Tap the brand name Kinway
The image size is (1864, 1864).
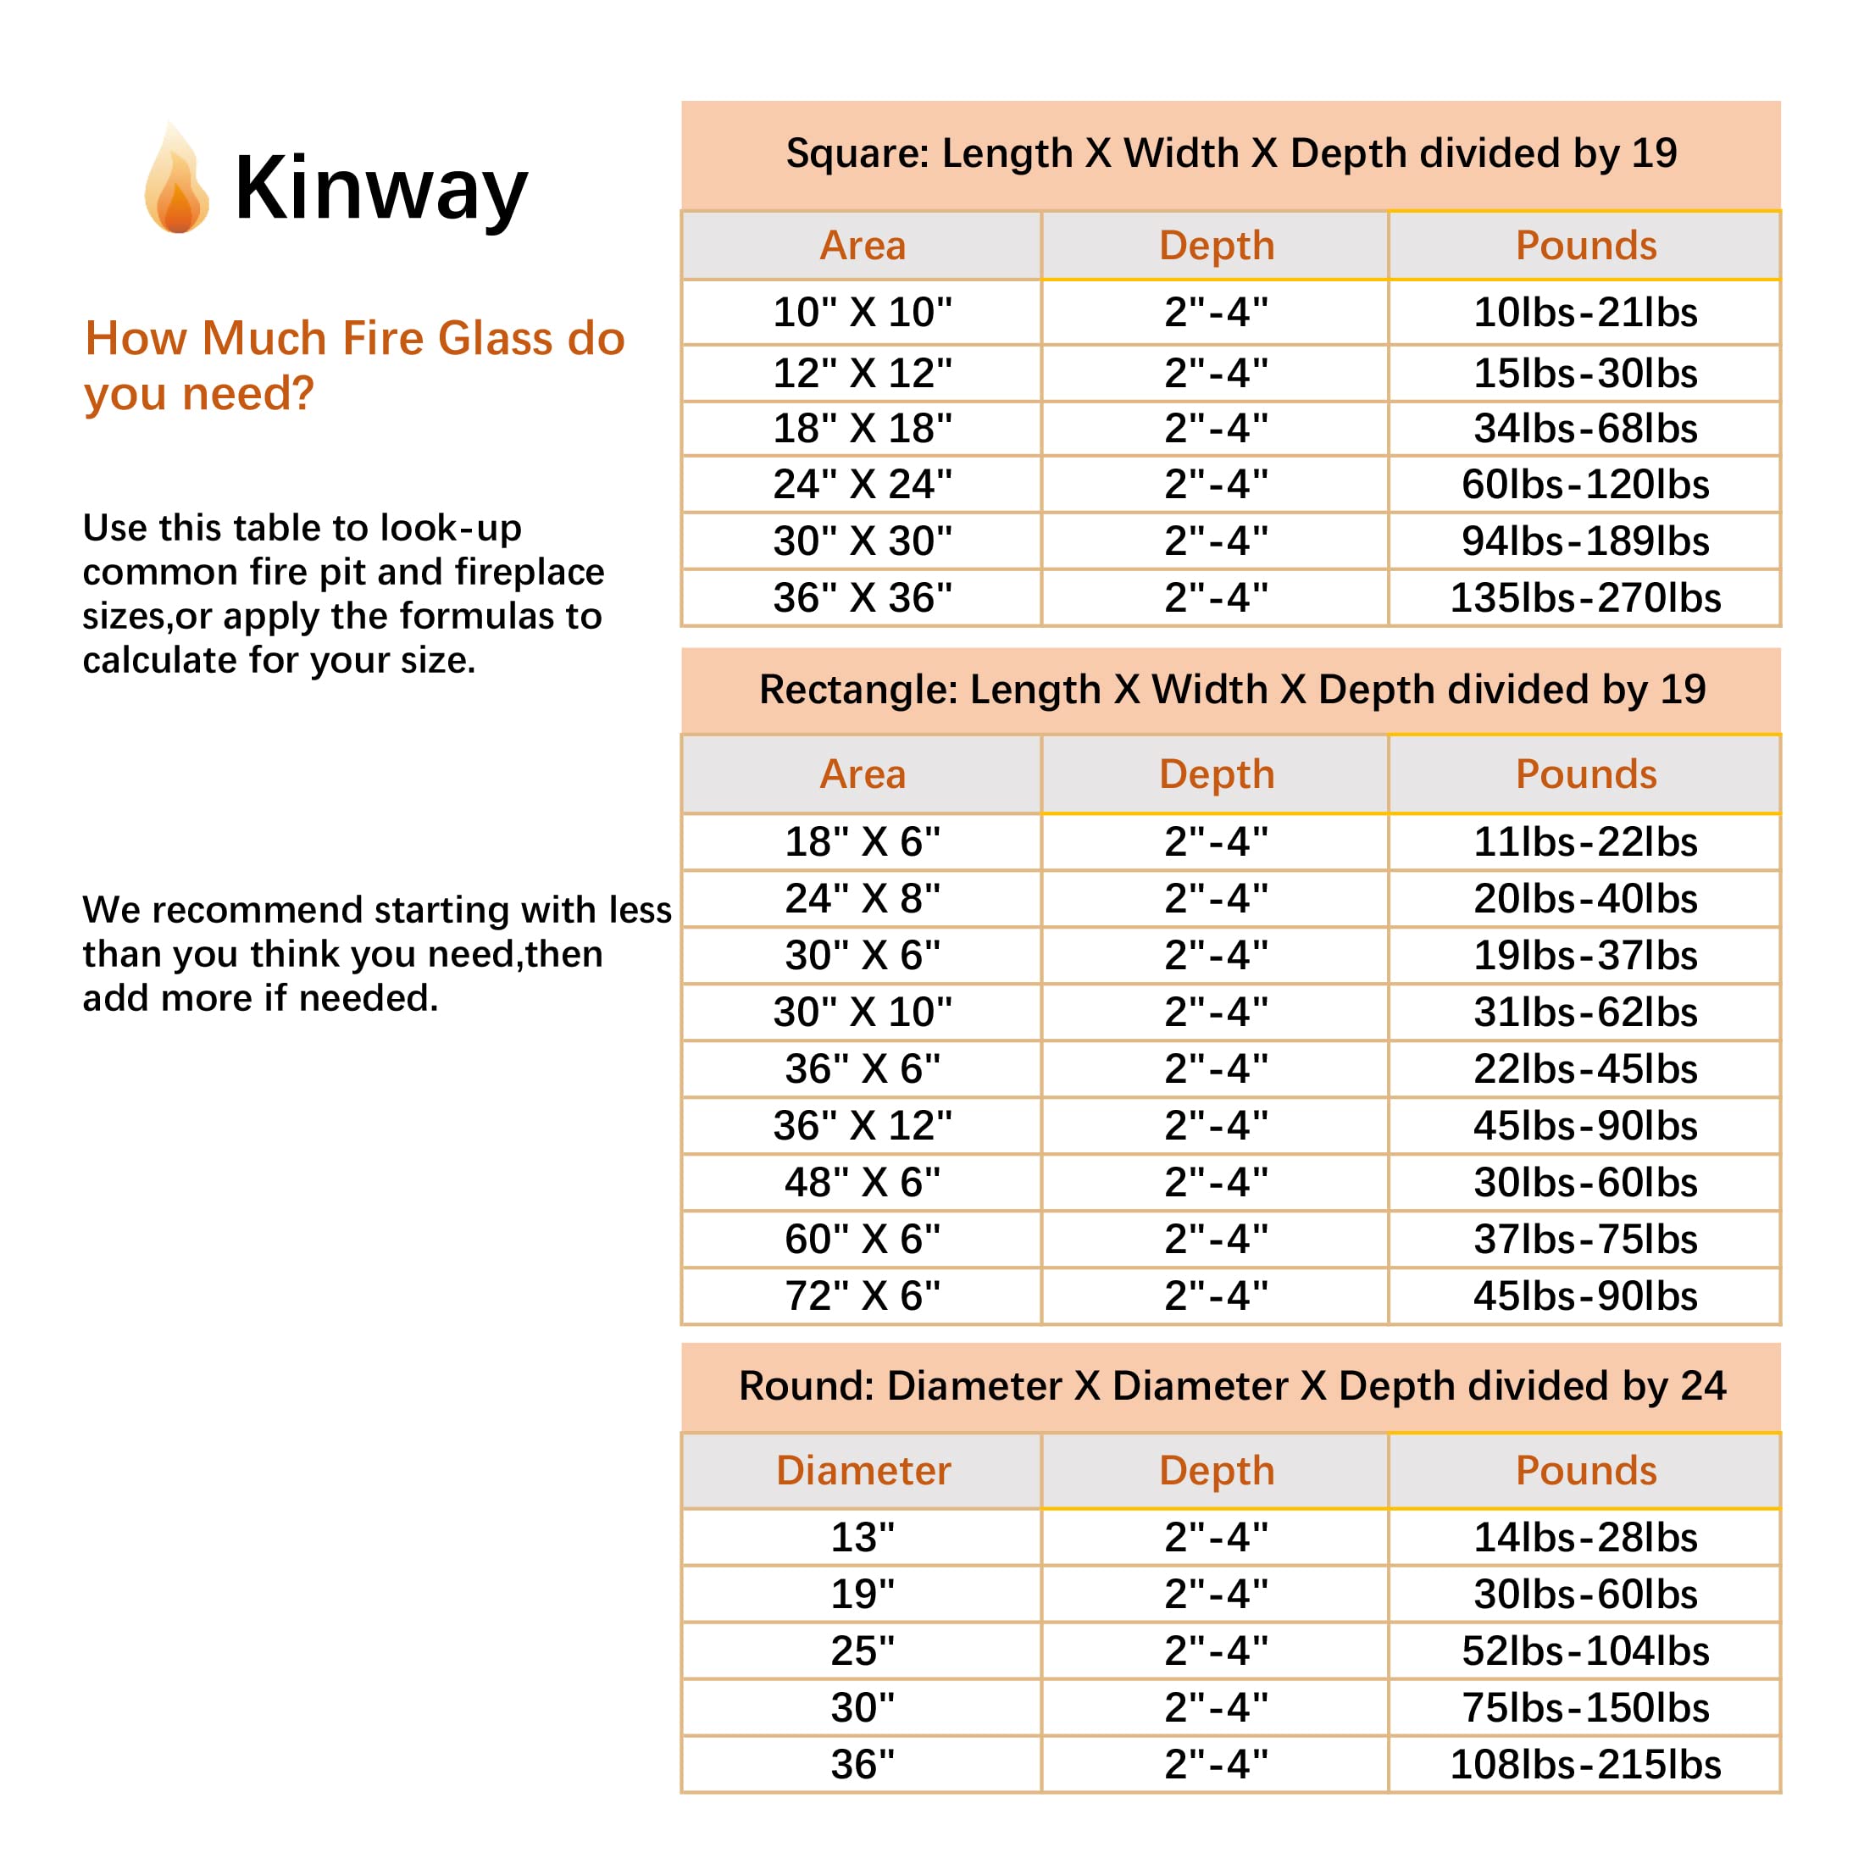[380, 189]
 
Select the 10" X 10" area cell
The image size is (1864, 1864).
[862, 313]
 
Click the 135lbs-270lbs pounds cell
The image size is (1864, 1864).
[1584, 598]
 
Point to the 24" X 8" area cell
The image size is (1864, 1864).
[862, 899]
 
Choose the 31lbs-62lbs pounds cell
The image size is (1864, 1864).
[1584, 1012]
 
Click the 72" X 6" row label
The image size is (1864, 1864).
[862, 1295]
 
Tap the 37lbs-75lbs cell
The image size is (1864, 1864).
[1584, 1239]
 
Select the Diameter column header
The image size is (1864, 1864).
[863, 1470]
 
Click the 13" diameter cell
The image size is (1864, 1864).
[862, 1537]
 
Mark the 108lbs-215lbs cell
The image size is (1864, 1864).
[1584, 1765]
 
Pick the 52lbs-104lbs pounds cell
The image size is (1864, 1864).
[1584, 1650]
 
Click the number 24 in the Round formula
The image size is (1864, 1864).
[1703, 1386]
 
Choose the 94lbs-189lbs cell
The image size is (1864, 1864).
[1584, 541]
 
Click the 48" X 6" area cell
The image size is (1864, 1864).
[862, 1183]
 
